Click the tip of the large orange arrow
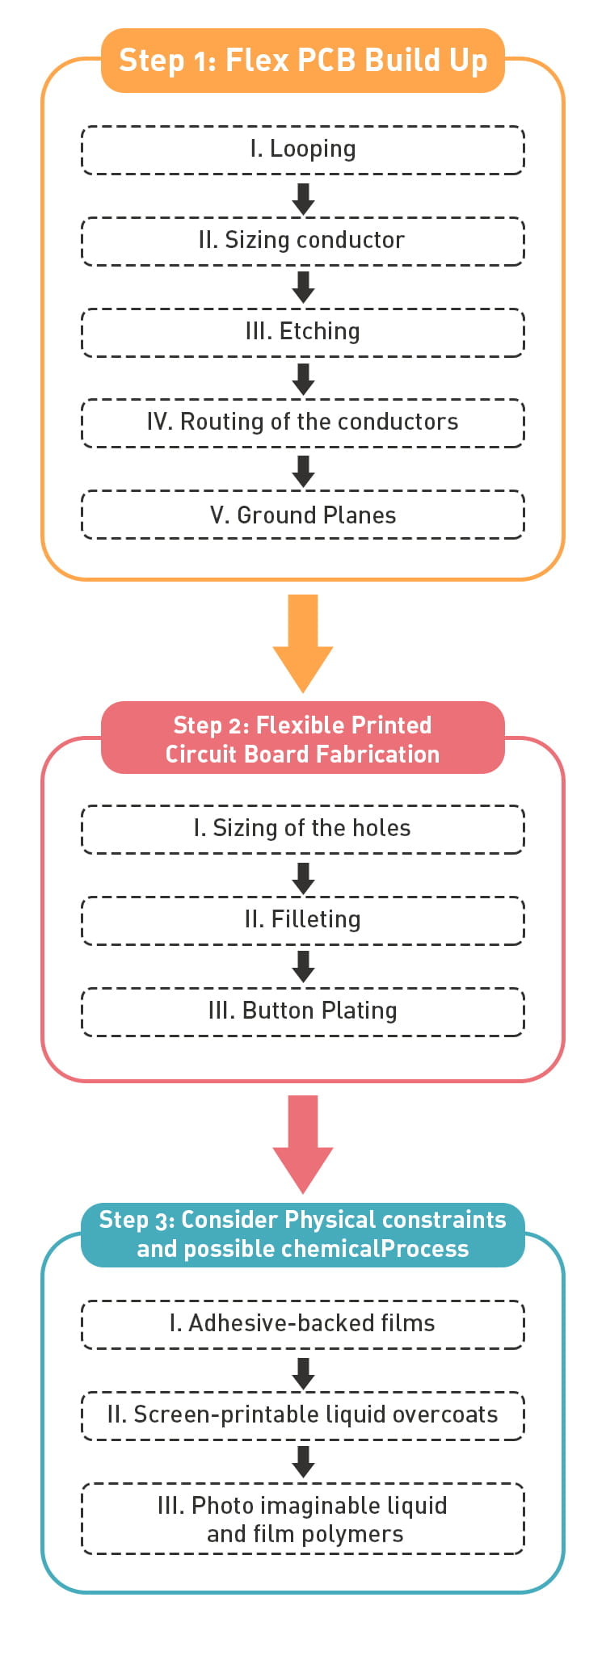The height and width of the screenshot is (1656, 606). [x=303, y=692]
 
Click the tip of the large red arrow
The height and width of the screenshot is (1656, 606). [x=303, y=1193]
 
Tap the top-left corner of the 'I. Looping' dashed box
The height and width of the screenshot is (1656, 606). [x=82, y=127]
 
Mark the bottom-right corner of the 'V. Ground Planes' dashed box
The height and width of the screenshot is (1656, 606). [x=524, y=538]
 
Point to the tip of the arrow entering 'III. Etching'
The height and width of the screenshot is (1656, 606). [x=303, y=305]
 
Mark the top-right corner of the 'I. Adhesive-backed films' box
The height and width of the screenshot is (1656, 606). [x=524, y=1301]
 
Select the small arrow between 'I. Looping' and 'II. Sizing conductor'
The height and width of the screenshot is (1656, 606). [x=303, y=200]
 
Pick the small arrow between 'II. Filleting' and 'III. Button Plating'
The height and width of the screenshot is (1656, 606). [x=303, y=967]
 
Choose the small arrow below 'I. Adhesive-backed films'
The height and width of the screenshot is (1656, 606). [x=303, y=1374]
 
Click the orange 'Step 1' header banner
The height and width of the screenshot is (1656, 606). [x=303, y=61]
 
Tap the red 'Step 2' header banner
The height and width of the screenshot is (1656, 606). [x=303, y=738]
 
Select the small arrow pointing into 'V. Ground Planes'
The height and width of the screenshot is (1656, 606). [x=303, y=472]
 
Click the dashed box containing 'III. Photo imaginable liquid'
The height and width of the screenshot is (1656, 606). [x=303, y=1519]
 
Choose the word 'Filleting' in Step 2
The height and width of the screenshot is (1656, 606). [x=316, y=920]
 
